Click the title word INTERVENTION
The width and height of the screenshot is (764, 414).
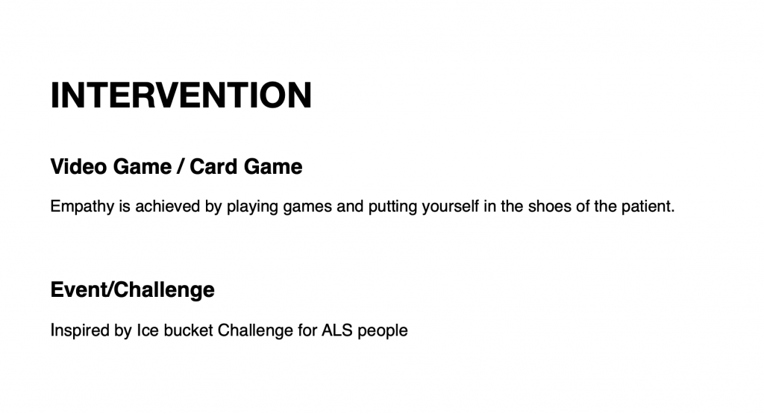point(181,95)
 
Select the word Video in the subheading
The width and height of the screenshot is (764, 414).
point(78,166)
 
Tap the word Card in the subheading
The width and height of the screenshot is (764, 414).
point(213,166)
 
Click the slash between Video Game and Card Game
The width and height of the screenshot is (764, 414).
point(181,166)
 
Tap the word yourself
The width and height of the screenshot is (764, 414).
point(450,207)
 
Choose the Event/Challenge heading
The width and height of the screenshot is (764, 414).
point(133,289)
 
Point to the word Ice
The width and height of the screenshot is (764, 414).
point(148,330)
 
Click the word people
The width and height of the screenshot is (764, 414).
point(383,331)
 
